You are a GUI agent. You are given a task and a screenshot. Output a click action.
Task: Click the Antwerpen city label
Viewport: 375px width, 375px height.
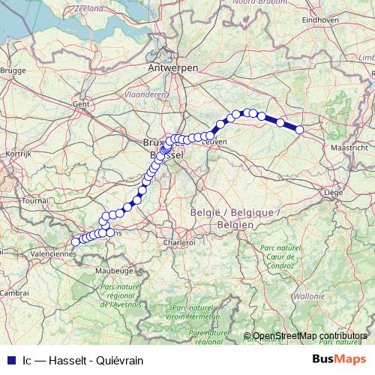pos(173,67)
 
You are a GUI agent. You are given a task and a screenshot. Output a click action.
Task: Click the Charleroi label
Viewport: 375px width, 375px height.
pos(179,242)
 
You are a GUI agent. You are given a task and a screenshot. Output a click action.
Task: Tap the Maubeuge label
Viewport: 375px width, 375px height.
pos(116,268)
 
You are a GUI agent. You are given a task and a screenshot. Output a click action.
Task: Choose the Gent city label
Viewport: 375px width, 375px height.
pos(80,103)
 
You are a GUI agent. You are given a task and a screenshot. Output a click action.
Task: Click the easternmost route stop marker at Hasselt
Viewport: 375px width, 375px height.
pos(299,130)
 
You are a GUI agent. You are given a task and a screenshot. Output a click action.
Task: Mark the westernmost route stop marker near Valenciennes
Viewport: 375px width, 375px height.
pos(75,241)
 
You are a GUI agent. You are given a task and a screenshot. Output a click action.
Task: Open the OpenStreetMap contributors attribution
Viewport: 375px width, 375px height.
pos(310,336)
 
